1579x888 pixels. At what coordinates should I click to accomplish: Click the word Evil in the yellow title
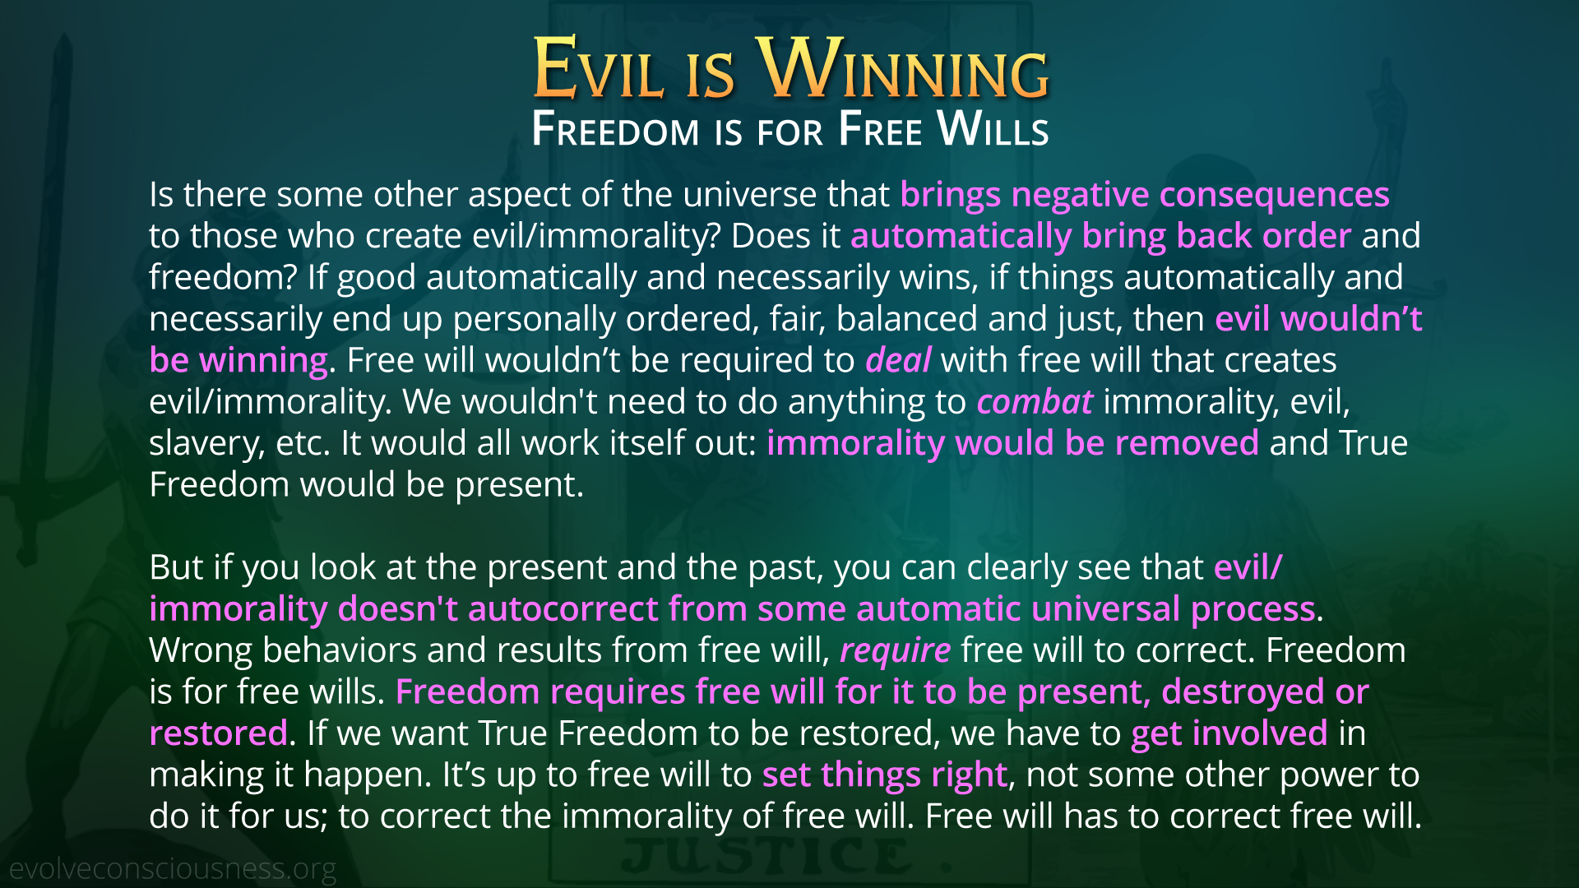(x=598, y=68)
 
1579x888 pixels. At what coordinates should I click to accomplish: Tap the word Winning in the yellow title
(x=903, y=68)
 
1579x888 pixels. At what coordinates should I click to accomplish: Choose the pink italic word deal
(x=898, y=360)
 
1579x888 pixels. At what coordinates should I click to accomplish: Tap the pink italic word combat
(x=1035, y=401)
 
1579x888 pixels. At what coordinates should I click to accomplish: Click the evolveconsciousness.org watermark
(x=173, y=869)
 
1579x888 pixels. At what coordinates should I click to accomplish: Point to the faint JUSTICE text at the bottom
(x=766, y=856)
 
